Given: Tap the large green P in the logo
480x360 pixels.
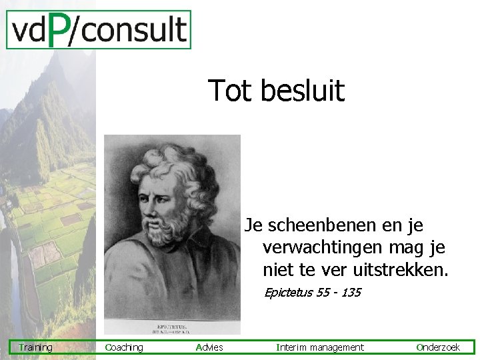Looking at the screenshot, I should [59, 31].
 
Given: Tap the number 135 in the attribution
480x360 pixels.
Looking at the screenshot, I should [351, 292].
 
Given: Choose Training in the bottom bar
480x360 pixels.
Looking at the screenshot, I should [35, 347].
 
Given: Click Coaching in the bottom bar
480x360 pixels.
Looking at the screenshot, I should [124, 347].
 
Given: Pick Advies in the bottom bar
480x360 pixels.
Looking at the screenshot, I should [209, 347].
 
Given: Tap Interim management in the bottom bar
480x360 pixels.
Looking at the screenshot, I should [320, 347].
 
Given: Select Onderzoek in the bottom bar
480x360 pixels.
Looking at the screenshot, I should [438, 347].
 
